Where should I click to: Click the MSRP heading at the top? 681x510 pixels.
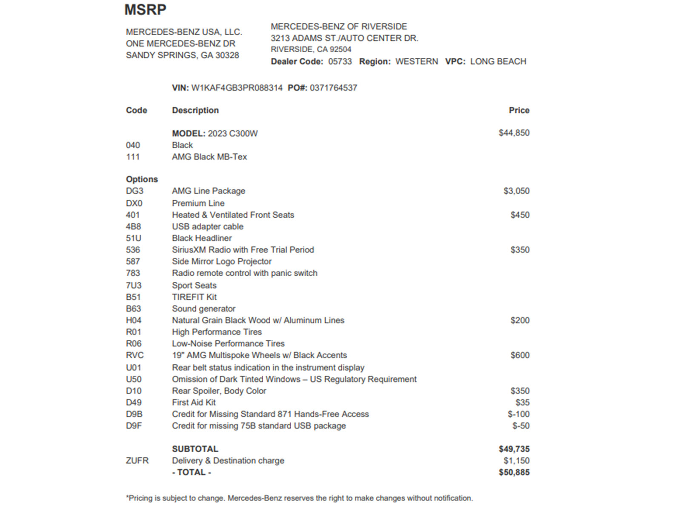point(145,9)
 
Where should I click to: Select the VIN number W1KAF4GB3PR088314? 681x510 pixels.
point(237,88)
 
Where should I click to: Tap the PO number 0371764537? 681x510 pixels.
point(333,88)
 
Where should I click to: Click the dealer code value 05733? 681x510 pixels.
point(340,62)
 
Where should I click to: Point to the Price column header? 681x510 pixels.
point(519,110)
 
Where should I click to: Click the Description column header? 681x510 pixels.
point(195,110)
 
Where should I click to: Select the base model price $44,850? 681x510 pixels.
point(514,133)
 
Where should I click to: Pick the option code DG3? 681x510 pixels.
point(134,191)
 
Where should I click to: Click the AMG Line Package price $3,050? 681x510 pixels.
point(516,191)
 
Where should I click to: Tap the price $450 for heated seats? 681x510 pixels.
point(520,215)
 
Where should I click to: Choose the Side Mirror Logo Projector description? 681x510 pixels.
point(221,262)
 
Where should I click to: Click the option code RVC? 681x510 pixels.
point(134,355)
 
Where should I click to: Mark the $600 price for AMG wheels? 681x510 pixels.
point(520,355)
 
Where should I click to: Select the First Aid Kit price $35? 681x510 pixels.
point(522,402)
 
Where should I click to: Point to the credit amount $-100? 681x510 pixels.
point(518,414)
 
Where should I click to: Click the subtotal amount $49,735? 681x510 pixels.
point(514,449)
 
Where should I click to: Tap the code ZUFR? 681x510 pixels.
point(137,461)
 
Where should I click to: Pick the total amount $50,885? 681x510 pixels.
point(514,473)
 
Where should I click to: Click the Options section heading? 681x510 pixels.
point(142,179)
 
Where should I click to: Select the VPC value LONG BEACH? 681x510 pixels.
point(498,62)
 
